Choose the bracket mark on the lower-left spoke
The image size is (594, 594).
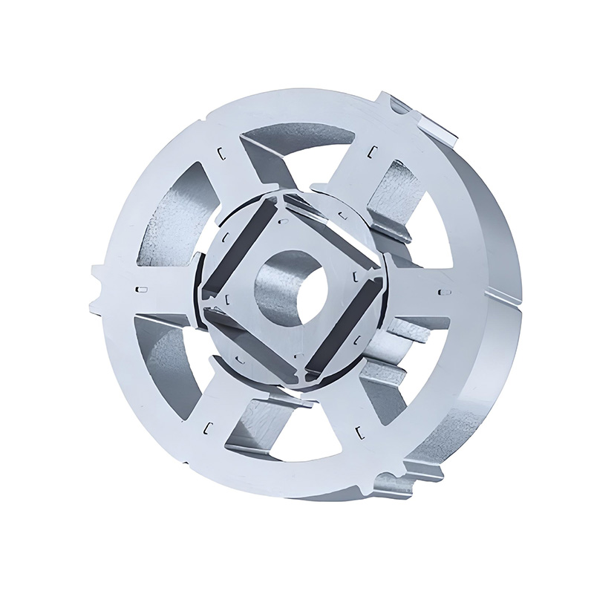click(209, 425)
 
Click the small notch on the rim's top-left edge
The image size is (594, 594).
click(201, 119)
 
